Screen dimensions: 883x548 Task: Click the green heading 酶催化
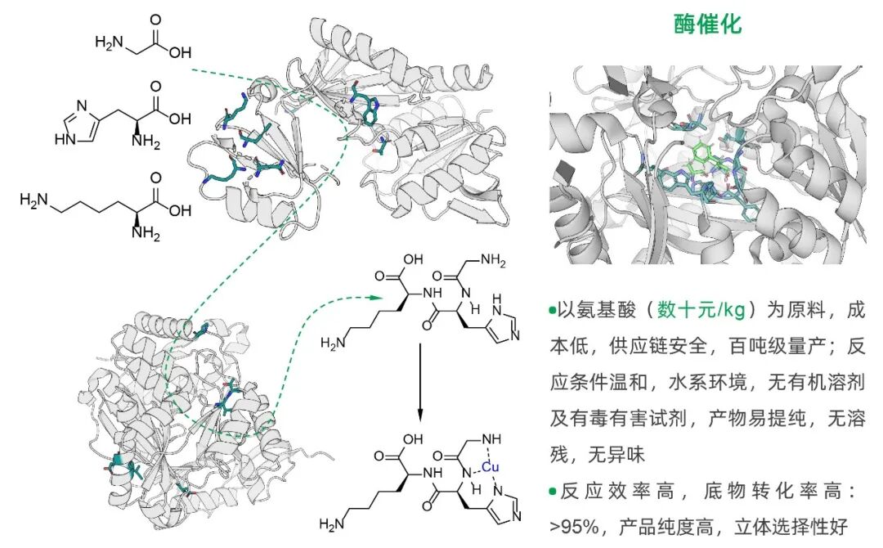707,25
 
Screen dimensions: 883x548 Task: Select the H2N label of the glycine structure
108,41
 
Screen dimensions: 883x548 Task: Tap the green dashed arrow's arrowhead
375,300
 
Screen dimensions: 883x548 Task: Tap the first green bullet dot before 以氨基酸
553,312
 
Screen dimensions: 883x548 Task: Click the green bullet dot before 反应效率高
553,492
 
